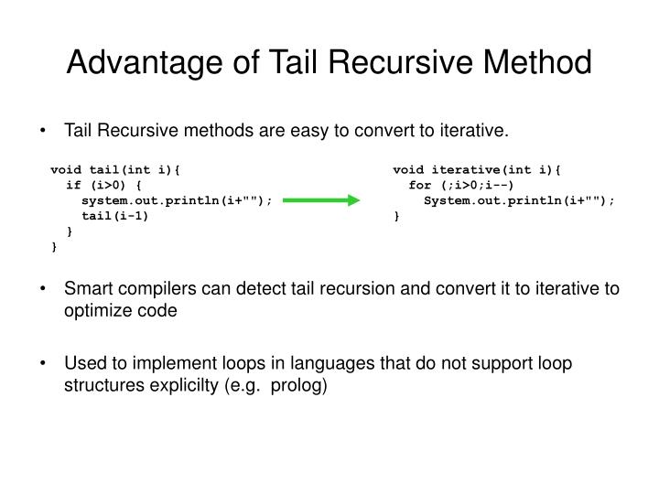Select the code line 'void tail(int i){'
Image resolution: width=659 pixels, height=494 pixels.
(x=115, y=169)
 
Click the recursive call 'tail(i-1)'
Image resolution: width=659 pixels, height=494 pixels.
(x=114, y=217)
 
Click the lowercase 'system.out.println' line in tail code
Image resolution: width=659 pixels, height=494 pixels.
(x=177, y=200)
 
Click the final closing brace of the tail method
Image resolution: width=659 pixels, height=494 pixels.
(x=55, y=247)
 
